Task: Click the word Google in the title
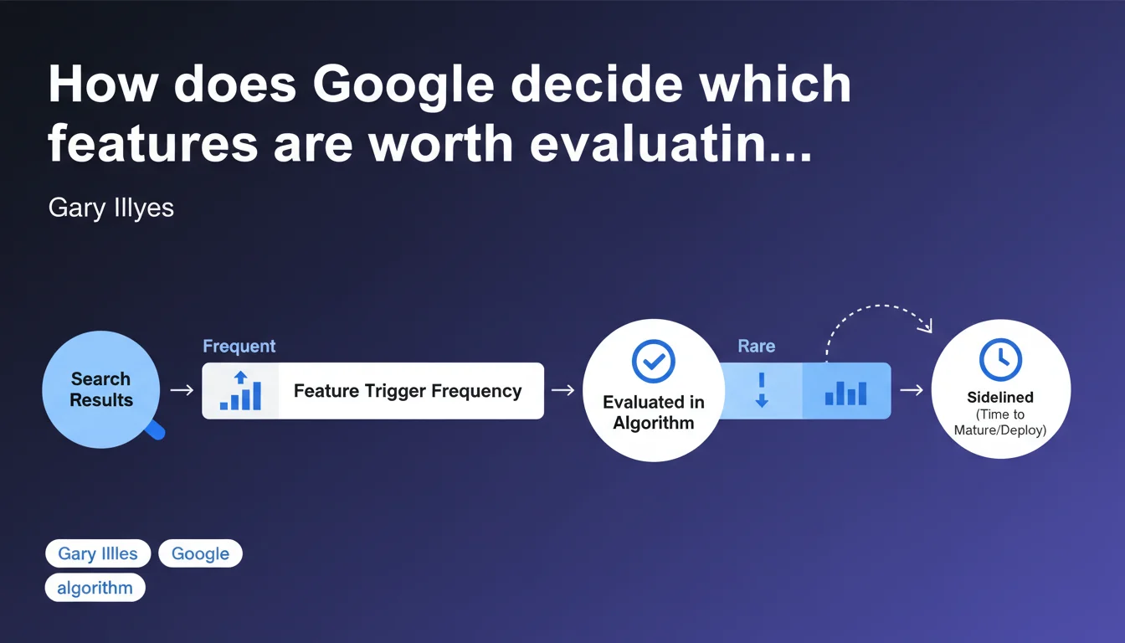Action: (403, 86)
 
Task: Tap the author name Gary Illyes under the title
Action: (111, 208)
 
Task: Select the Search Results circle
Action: (101, 389)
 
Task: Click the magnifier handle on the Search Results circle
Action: (156, 430)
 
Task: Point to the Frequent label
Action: (239, 346)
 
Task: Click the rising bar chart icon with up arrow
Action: (240, 390)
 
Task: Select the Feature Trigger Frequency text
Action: (408, 391)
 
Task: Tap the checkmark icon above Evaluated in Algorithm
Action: (654, 361)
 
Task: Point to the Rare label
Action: (757, 346)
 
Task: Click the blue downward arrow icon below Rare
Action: (762, 390)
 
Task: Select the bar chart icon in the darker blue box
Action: (845, 393)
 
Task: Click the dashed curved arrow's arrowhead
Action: (926, 326)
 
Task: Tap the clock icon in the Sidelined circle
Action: (1000, 360)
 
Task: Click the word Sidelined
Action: (1000, 398)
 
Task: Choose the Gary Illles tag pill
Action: (98, 553)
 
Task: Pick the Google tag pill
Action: (200, 553)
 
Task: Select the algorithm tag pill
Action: (95, 588)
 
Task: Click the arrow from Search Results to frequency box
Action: (182, 390)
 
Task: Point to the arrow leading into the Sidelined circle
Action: (912, 390)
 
